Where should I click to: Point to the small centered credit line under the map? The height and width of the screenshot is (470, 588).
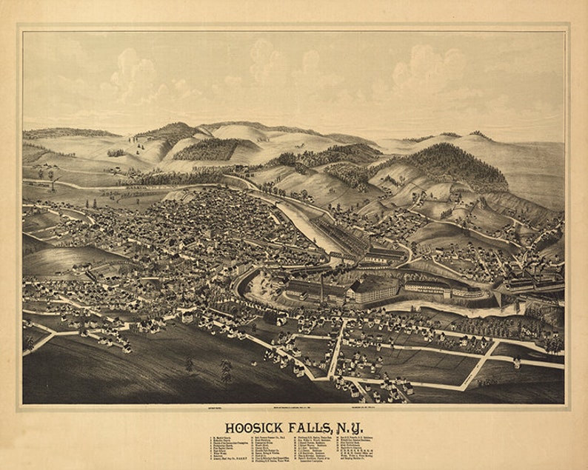click(x=293, y=409)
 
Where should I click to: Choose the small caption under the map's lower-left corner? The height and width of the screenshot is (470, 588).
click(x=205, y=409)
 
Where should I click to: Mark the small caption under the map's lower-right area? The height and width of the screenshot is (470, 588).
click(x=381, y=409)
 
